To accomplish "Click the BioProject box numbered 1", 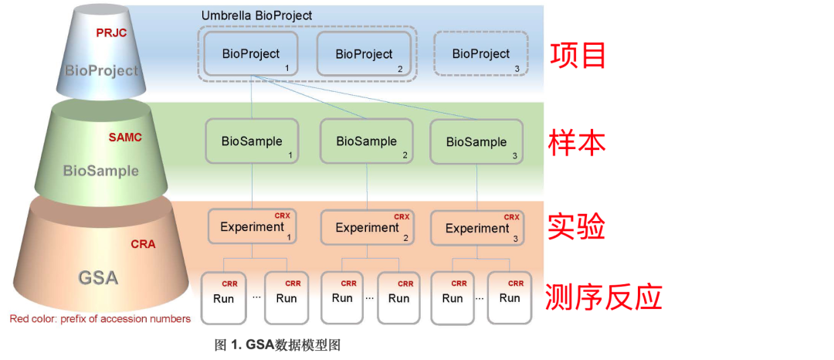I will coord(251,53).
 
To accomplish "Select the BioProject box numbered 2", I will coord(364,54).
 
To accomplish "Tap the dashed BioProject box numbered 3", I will coord(481,53).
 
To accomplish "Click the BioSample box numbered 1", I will coord(252,141).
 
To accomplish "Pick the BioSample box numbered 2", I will coord(366,141).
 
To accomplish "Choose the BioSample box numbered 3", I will coord(476,141).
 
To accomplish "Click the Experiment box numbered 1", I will coord(252,226).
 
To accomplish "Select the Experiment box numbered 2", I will coord(367,228).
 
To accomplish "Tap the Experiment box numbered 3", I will coord(477,228).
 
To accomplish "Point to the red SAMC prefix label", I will coord(125,138).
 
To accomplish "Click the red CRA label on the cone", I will coord(143,244).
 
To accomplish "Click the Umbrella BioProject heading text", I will coord(256,15).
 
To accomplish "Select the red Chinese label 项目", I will coord(578,55).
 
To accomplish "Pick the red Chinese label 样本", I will coord(578,142).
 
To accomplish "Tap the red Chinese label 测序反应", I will coord(604,297).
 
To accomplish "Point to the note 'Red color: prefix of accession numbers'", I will coord(100,318).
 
